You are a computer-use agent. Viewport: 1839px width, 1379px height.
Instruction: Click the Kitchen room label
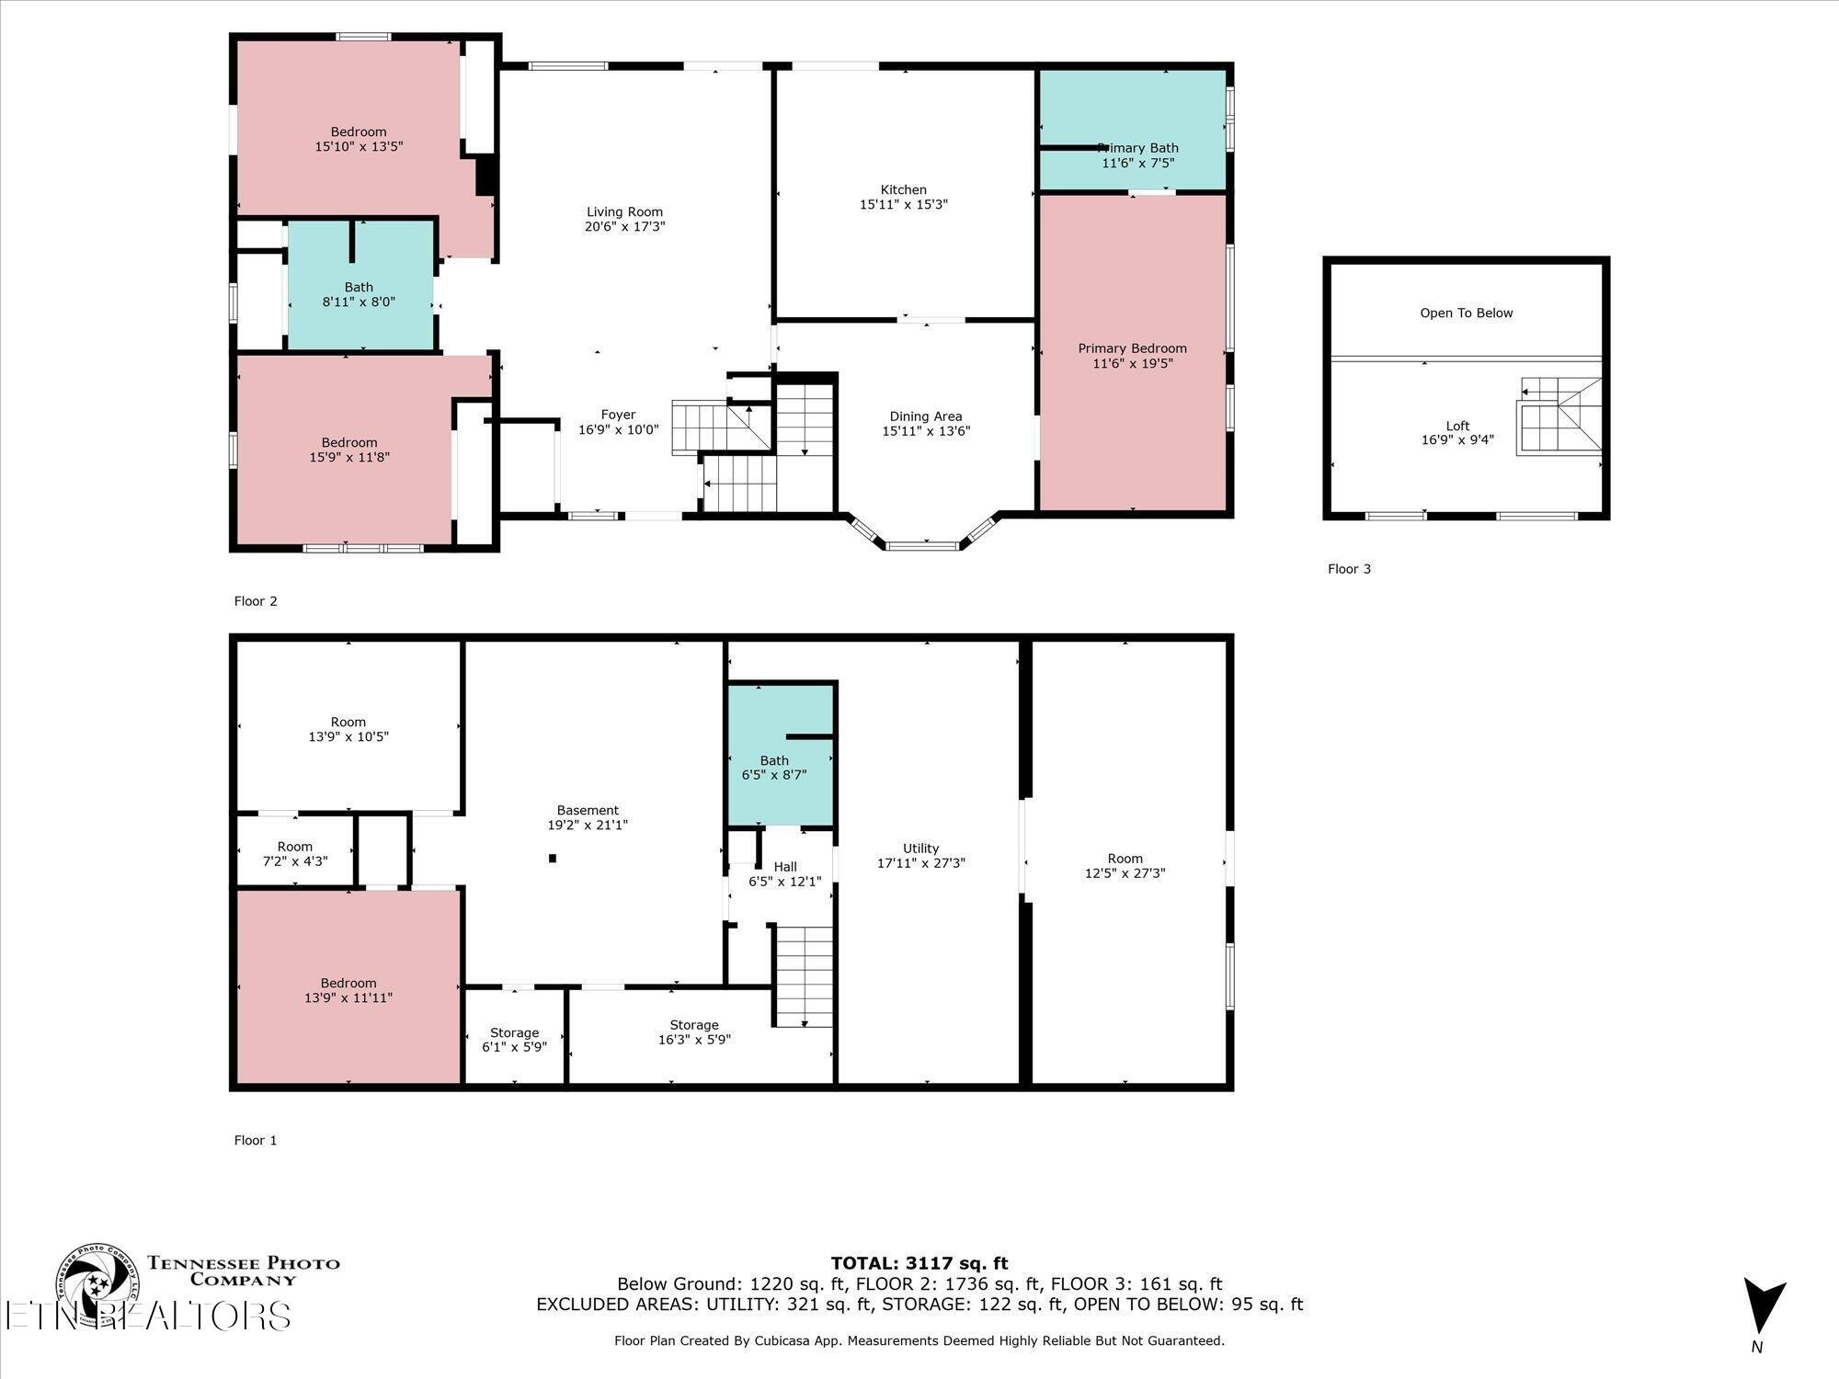(x=903, y=189)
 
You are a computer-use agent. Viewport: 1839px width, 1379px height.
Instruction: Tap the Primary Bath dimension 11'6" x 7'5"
(x=1137, y=164)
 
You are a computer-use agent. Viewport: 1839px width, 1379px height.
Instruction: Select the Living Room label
(x=624, y=211)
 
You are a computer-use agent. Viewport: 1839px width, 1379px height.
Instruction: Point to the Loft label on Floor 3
(x=1457, y=426)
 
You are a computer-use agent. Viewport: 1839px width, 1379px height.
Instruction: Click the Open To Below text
(x=1466, y=313)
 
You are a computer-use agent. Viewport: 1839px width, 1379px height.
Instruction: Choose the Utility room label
(x=920, y=849)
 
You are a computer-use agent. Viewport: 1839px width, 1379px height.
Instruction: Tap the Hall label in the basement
(x=785, y=867)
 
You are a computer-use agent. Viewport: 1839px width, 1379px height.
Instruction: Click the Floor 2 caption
(x=256, y=601)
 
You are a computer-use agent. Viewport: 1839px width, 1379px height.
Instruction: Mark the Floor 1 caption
(x=256, y=1140)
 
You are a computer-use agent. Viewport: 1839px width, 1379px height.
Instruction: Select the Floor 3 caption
(x=1349, y=569)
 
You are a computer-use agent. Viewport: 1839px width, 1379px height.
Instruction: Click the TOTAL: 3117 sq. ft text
(x=919, y=1263)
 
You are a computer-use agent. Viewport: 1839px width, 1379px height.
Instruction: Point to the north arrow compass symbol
(x=1763, y=1306)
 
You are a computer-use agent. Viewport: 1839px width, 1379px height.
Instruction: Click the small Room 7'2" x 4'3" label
(x=295, y=854)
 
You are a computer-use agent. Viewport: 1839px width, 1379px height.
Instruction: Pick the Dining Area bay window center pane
(x=922, y=546)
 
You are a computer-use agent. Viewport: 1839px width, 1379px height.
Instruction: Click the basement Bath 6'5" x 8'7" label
(x=774, y=768)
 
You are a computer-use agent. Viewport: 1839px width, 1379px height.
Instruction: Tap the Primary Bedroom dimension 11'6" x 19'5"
(x=1132, y=364)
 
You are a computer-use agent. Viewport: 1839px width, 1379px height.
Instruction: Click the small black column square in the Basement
(x=553, y=859)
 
